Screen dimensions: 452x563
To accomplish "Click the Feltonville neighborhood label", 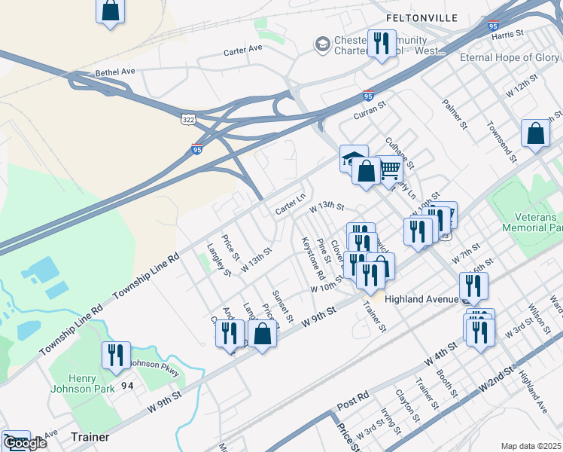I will pyautogui.click(x=421, y=17).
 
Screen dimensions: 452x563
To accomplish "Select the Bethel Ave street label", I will pyautogui.click(x=114, y=72).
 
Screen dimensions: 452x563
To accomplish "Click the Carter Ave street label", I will pyautogui.click(x=242, y=50).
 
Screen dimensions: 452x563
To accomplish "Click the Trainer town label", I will pyautogui.click(x=90, y=437).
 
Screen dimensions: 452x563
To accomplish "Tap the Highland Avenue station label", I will pyautogui.click(x=421, y=299).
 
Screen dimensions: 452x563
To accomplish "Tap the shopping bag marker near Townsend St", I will pyautogui.click(x=535, y=134).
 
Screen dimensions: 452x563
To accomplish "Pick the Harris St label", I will pyautogui.click(x=507, y=35).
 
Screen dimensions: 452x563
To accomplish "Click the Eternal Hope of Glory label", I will pyautogui.click(x=510, y=57).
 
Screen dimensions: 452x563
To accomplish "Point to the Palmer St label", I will pyautogui.click(x=456, y=113).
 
